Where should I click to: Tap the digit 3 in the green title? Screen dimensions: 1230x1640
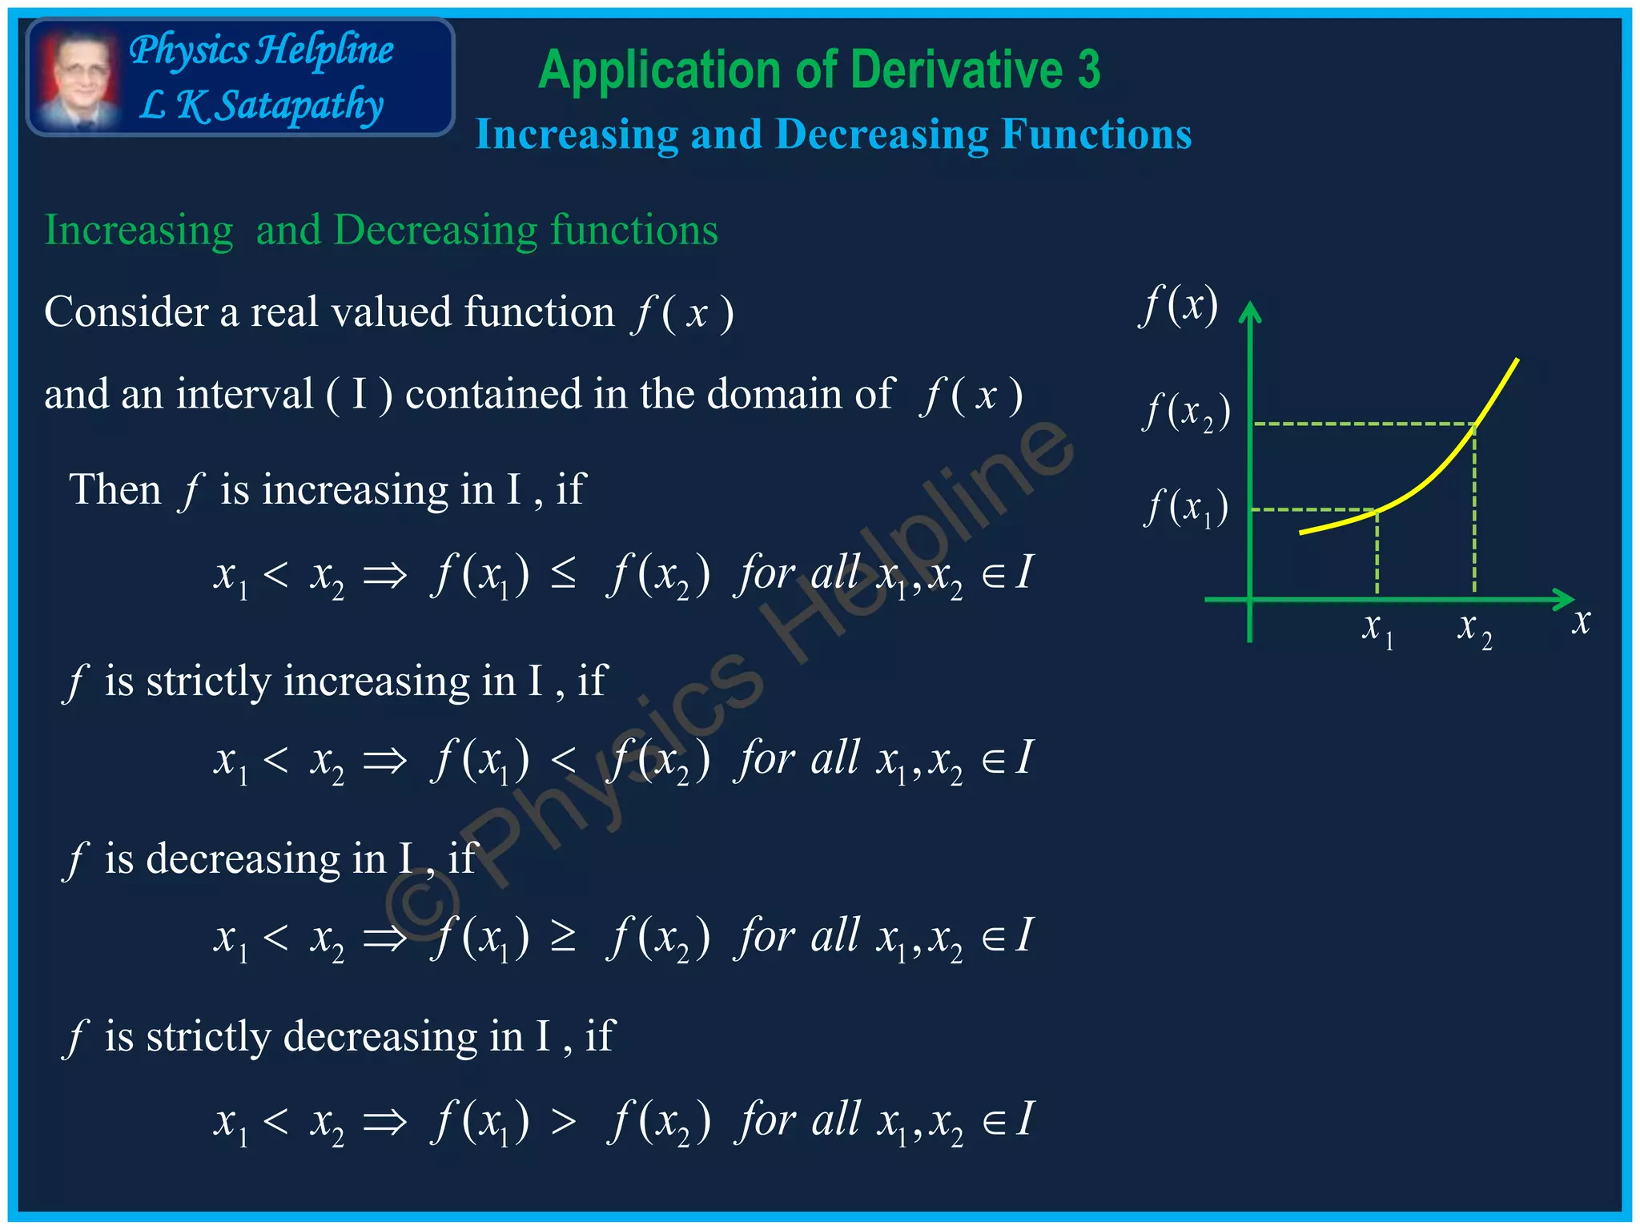click(1087, 70)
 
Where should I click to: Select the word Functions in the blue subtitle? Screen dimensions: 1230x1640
click(1096, 134)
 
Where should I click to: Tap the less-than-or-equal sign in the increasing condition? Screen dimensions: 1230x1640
click(563, 573)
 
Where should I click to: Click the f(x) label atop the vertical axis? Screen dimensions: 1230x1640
click(1179, 305)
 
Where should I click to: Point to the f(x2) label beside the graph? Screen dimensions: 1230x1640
click(1185, 412)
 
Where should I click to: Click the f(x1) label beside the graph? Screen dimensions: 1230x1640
click(1185, 508)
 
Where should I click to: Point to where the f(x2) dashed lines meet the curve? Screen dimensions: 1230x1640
click(1474, 424)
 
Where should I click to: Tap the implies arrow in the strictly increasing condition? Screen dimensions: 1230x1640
click(384, 759)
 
